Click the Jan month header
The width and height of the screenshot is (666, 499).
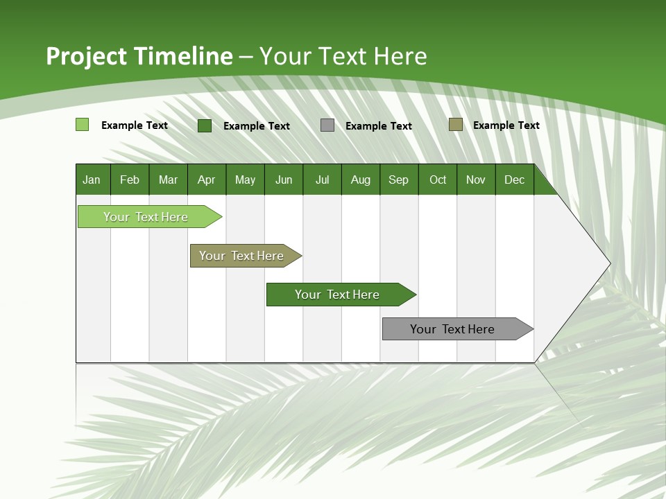click(92, 180)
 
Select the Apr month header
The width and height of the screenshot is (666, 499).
click(207, 180)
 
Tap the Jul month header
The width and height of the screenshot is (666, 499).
click(322, 180)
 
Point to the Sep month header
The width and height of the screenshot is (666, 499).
click(398, 180)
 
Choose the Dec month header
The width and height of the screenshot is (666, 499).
click(514, 180)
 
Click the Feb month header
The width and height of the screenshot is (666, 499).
click(130, 180)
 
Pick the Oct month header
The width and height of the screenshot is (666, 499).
click(438, 180)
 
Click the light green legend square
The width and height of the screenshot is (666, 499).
click(83, 125)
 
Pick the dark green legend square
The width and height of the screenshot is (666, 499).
click(205, 125)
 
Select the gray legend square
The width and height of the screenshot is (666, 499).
click(327, 125)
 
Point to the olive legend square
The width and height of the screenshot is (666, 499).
click(456, 125)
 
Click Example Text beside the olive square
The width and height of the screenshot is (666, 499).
click(506, 125)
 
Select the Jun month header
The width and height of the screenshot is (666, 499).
click(284, 180)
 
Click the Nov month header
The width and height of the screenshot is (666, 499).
click(476, 180)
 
